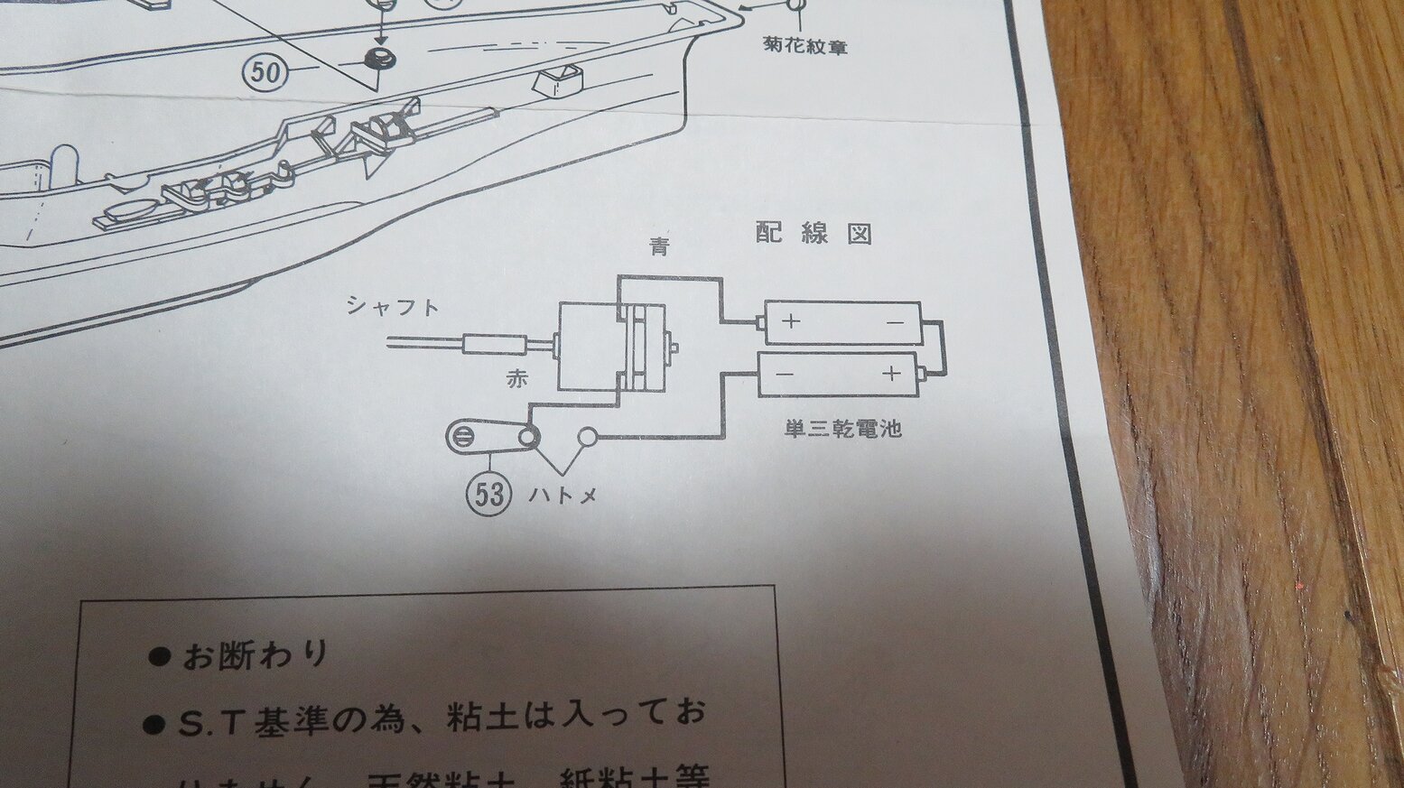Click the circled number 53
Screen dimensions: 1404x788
[487, 494]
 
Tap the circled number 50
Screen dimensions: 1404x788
[266, 72]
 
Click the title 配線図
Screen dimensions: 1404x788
[814, 234]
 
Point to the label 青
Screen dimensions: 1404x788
[660, 246]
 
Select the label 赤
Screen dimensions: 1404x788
[516, 379]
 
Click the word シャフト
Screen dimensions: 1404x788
[394, 306]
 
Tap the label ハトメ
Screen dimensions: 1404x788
[563, 495]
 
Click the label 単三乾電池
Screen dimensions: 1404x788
[842, 429]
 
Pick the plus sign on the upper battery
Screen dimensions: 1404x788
[791, 320]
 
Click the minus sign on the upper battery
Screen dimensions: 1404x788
[895, 322]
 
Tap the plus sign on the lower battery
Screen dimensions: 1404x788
[891, 372]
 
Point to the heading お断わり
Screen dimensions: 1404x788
[256, 655]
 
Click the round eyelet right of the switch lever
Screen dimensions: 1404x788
[588, 438]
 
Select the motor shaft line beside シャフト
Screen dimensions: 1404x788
[424, 343]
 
